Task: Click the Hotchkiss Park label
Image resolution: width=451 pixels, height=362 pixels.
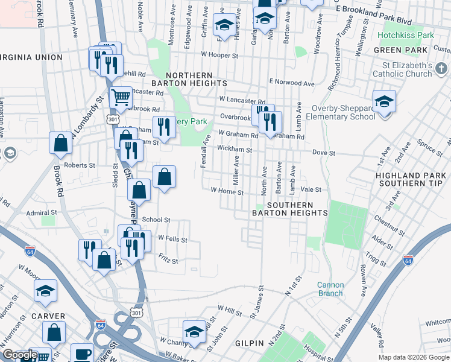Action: tap(405, 36)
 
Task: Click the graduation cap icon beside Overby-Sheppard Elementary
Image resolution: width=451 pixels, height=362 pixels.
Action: tap(383, 102)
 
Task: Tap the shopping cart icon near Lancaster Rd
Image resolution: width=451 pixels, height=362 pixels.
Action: tap(121, 97)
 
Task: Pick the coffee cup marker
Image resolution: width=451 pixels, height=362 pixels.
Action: tap(82, 354)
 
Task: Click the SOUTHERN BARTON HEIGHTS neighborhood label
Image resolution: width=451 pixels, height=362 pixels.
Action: tap(289, 209)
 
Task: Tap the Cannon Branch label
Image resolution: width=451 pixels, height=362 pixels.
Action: tap(330, 289)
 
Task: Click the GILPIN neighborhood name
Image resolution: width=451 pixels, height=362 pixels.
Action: tap(250, 343)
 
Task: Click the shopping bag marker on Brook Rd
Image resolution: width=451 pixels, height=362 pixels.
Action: tap(61, 144)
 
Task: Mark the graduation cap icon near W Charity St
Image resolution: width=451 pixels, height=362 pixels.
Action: tap(194, 331)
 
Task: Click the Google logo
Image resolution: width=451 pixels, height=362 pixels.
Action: tap(20, 355)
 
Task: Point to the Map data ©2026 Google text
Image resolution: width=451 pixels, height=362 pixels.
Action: tap(413, 357)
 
